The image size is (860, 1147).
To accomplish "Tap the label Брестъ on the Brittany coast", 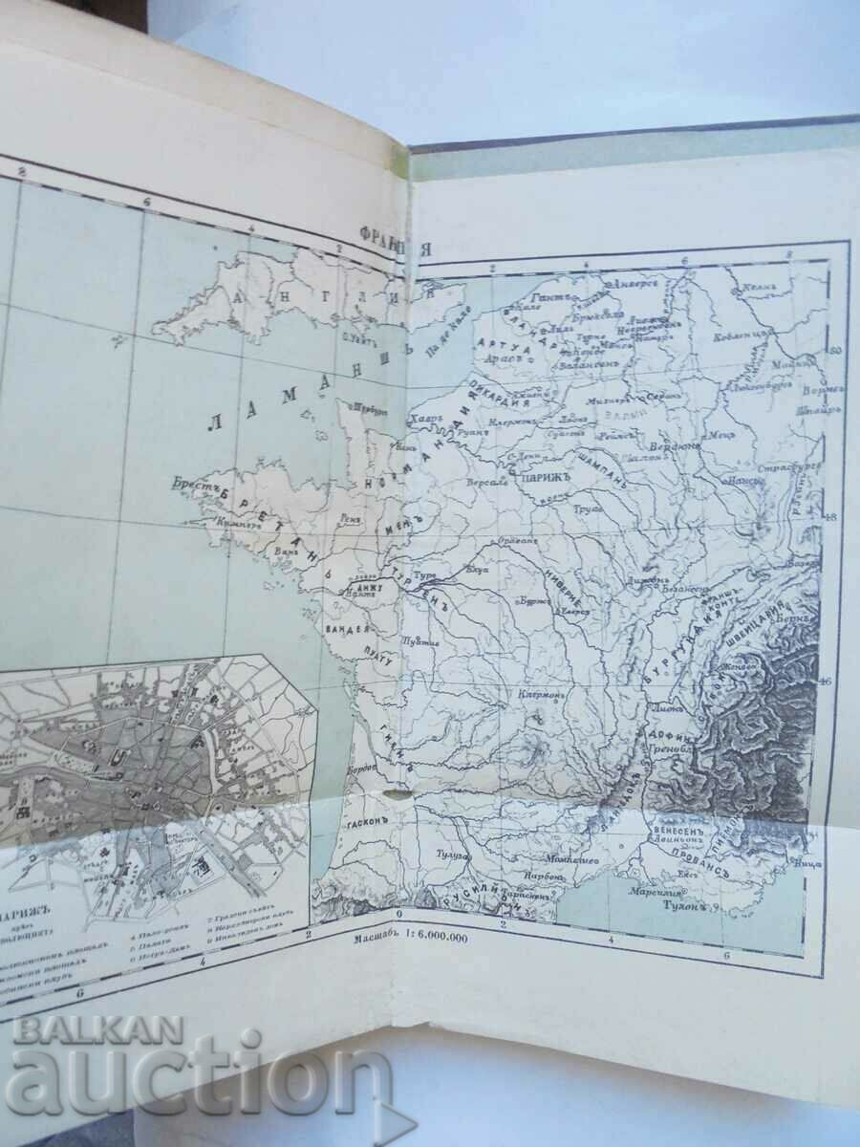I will point(189,485).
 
